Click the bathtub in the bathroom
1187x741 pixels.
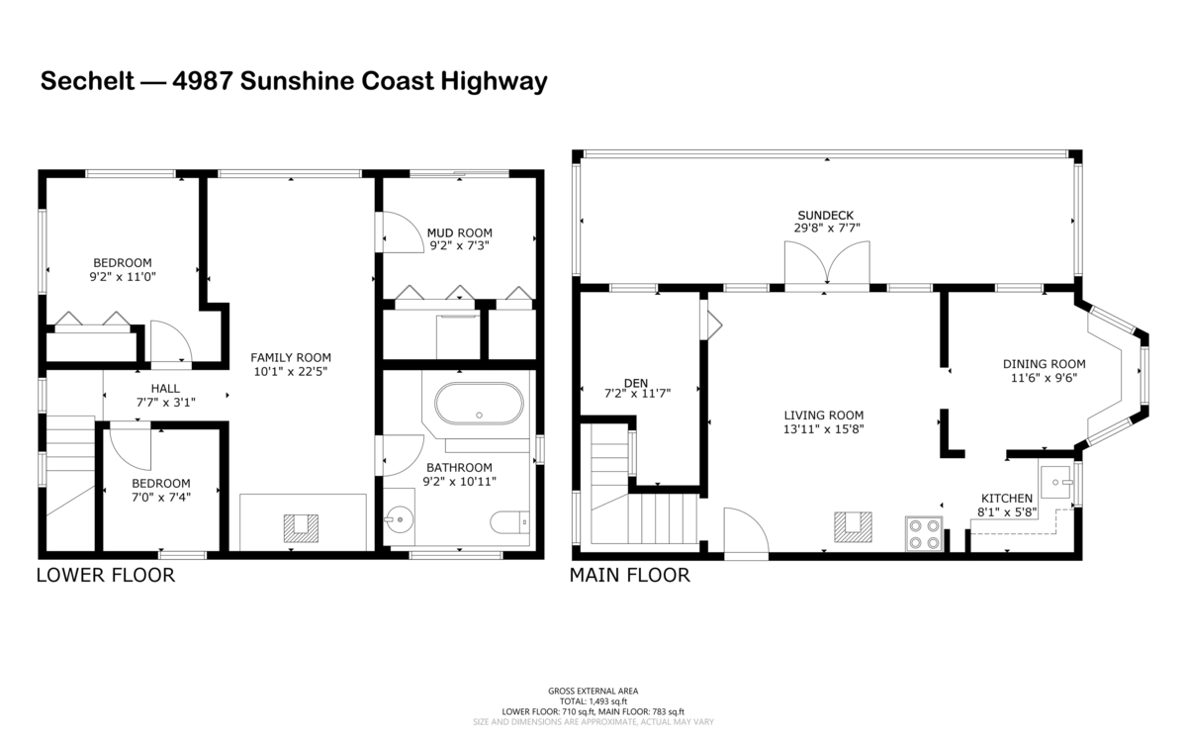click(x=479, y=404)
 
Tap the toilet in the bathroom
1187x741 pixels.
click(x=509, y=522)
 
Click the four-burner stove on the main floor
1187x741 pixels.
click(x=924, y=534)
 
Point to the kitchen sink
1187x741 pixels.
click(x=1056, y=482)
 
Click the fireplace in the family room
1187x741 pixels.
click(x=301, y=528)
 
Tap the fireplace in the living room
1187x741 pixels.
click(x=853, y=527)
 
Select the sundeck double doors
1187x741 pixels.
click(x=827, y=263)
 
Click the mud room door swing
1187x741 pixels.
click(x=403, y=232)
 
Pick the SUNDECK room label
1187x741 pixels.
click(x=826, y=216)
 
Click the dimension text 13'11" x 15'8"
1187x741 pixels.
click(x=823, y=428)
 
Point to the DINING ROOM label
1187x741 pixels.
click(x=1044, y=364)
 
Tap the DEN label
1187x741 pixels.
click(x=636, y=383)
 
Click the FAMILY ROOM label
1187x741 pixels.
click(x=291, y=358)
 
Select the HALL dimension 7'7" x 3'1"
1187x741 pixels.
click(x=165, y=403)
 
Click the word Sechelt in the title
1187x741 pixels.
click(x=87, y=81)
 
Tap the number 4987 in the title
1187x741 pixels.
click(x=203, y=81)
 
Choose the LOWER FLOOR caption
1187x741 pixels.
click(x=106, y=575)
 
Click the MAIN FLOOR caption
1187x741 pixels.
click(x=629, y=575)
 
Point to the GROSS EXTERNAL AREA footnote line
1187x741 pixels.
click(x=593, y=692)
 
